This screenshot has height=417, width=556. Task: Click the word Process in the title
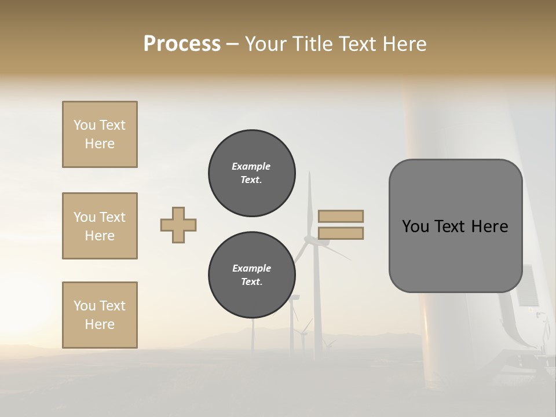click(182, 44)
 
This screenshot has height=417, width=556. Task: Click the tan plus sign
click(178, 225)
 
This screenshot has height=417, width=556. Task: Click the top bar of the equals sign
click(341, 216)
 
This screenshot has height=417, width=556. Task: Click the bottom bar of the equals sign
click(341, 233)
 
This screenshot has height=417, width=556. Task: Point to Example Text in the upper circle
click(251, 173)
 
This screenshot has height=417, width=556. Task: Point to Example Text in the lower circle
click(251, 275)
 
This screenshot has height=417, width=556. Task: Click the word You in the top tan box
click(84, 125)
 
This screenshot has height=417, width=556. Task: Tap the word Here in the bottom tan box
click(100, 324)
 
